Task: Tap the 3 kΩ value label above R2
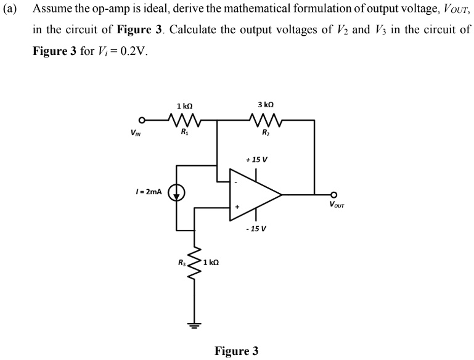(x=266, y=105)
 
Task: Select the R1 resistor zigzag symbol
(x=183, y=119)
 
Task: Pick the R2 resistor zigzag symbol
(x=266, y=119)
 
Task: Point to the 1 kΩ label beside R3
(x=211, y=263)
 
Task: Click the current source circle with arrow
(x=177, y=194)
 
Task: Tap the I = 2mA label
(x=147, y=192)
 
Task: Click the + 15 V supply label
(x=256, y=160)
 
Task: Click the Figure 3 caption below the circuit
(x=236, y=351)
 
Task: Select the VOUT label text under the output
(x=337, y=205)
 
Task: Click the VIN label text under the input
(x=134, y=131)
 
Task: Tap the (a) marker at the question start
(x=10, y=10)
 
